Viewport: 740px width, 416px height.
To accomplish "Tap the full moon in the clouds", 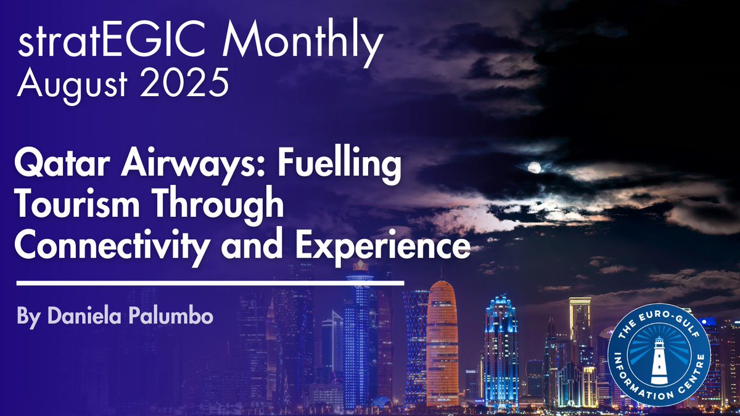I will pos(535,167).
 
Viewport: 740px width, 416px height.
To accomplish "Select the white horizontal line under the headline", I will pos(210,283).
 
